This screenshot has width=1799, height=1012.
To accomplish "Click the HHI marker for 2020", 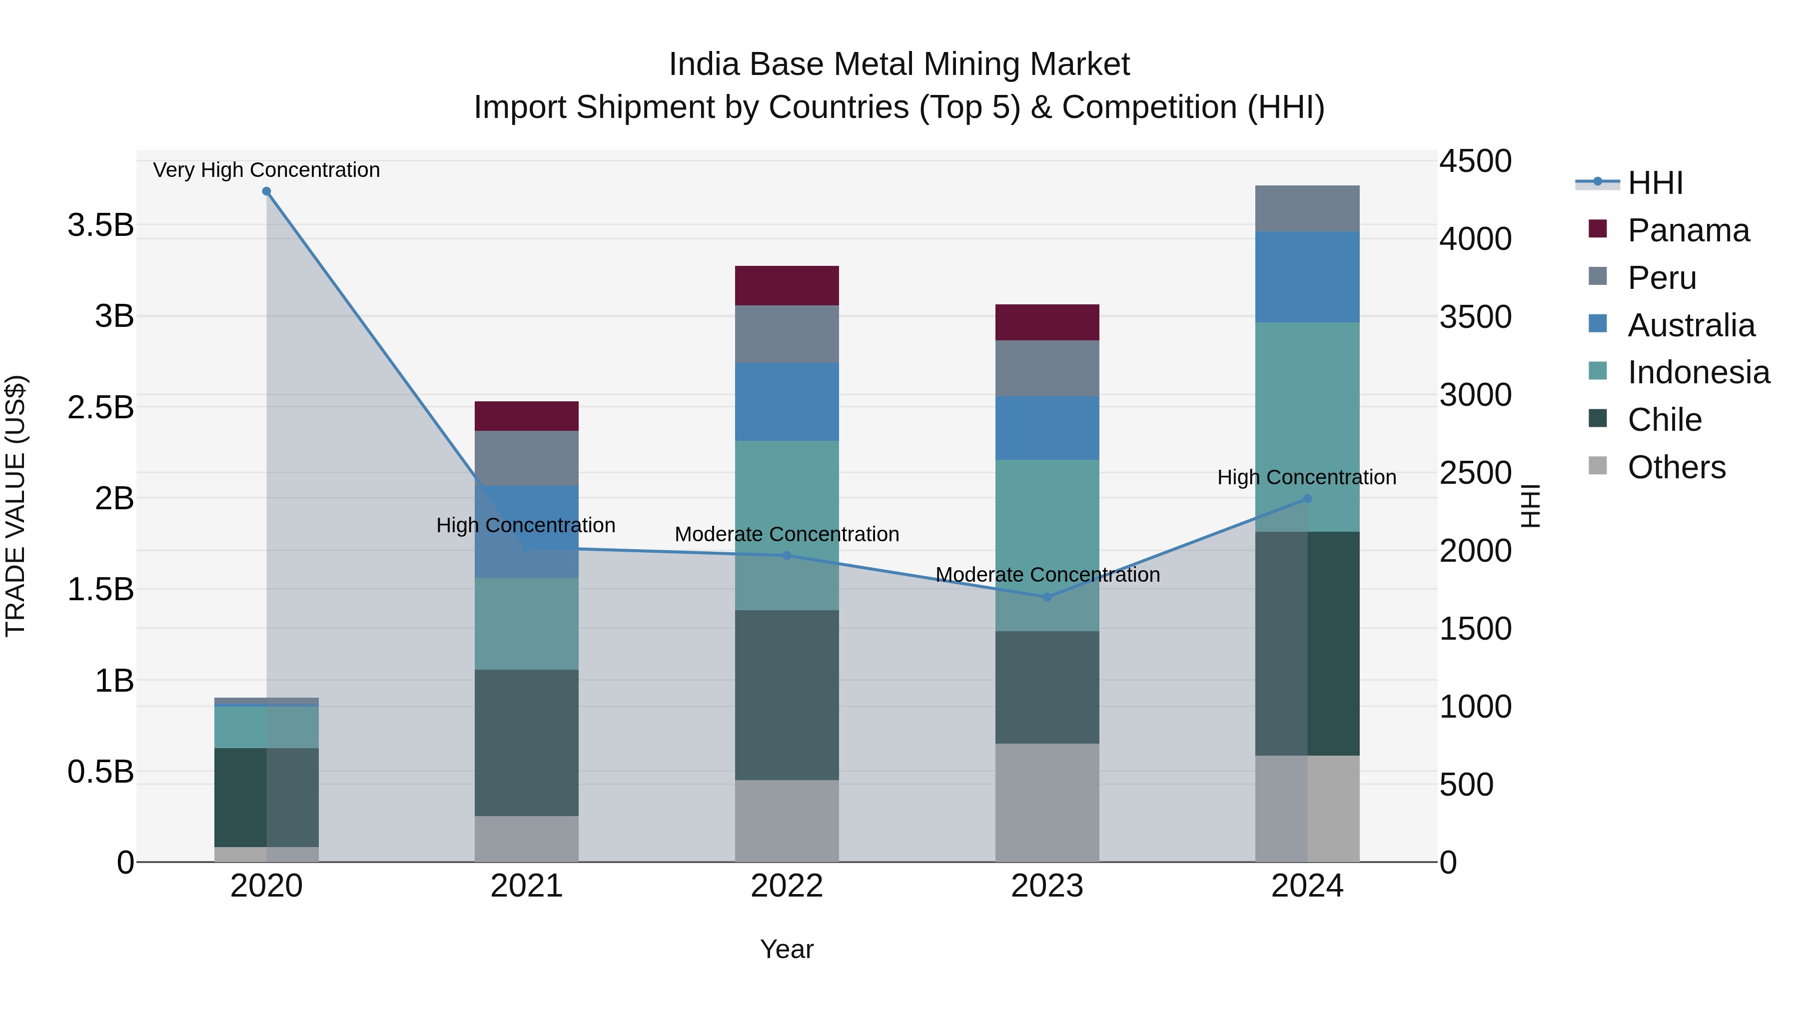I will click(266, 191).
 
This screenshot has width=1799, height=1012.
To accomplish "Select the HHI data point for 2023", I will click(1047, 597).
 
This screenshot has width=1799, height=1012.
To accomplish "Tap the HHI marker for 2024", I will click(1307, 499).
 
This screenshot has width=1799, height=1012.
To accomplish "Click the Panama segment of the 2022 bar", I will click(787, 286).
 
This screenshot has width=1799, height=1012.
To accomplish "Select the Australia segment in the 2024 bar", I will click(1307, 277).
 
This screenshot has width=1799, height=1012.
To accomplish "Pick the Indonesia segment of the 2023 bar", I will click(1047, 545).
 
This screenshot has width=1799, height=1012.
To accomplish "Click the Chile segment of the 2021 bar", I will click(527, 743).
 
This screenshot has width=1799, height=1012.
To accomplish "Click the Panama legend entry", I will click(1688, 230).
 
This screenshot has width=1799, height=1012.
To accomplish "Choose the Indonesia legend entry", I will click(1699, 372).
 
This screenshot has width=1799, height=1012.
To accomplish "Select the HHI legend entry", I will click(1655, 183).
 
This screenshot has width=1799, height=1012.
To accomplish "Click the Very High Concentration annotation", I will click(266, 170).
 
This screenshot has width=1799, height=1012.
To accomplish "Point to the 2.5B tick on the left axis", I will click(100, 407).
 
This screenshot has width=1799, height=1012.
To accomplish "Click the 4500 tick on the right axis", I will click(1475, 161).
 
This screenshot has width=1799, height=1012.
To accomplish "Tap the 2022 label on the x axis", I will click(787, 886).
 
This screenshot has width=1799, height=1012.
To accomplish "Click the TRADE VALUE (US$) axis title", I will click(16, 506).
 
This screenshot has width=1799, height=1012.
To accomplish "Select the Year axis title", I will click(787, 949).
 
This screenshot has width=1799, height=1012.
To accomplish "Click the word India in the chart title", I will click(703, 64).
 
